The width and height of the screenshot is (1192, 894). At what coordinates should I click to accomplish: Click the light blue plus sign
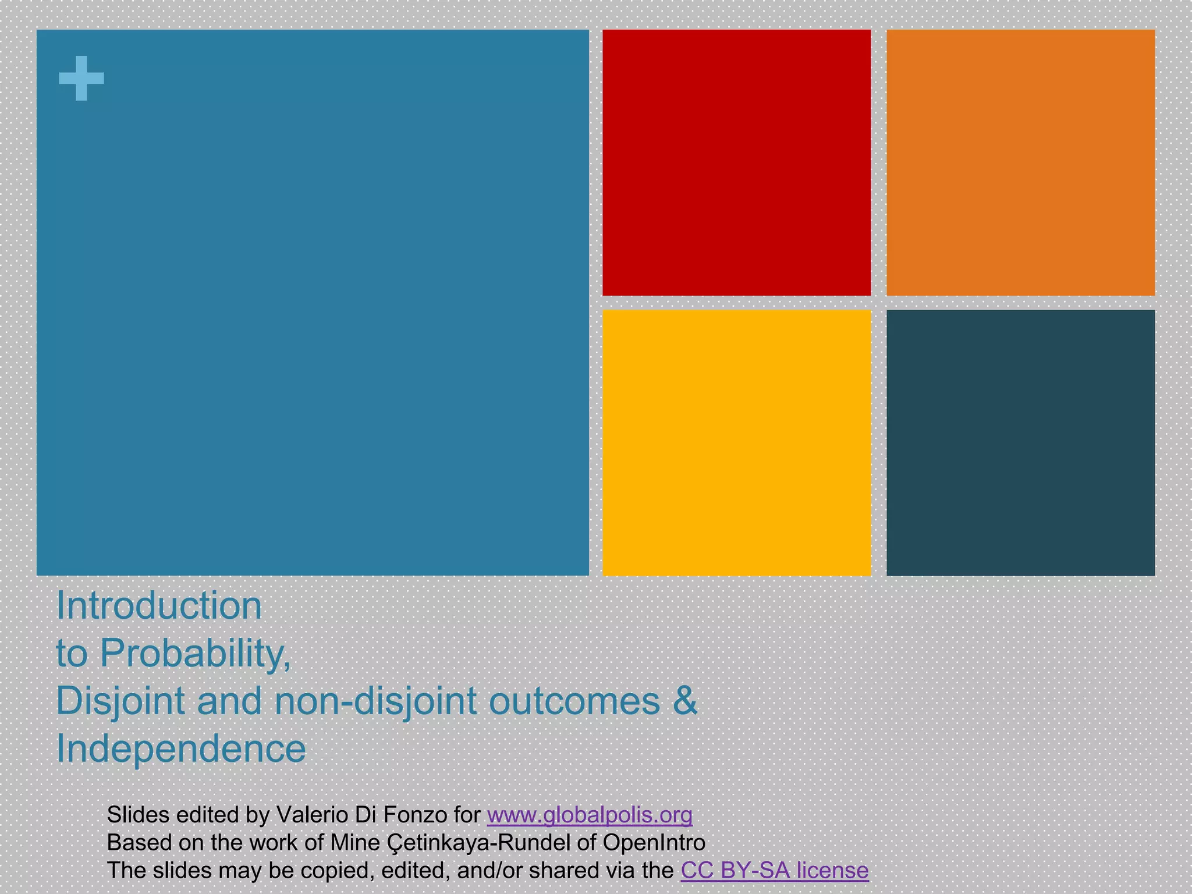click(x=81, y=78)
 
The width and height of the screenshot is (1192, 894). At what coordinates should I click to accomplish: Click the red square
click(x=736, y=162)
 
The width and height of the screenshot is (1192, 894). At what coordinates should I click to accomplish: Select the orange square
click(x=1020, y=162)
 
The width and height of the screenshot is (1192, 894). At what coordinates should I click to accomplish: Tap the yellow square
click(x=736, y=442)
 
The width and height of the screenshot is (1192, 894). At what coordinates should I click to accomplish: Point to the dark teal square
click(x=1020, y=442)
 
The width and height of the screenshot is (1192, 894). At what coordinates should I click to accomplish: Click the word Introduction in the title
click(x=159, y=606)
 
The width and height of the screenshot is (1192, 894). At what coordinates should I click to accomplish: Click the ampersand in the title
click(x=685, y=701)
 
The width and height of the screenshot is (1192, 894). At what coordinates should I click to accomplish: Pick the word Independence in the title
click(x=181, y=748)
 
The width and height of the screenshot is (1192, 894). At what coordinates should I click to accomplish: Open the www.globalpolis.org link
click(x=590, y=815)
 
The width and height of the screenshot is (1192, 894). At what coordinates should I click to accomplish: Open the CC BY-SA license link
click(x=774, y=871)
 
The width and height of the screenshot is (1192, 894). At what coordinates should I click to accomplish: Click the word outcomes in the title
click(x=574, y=701)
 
